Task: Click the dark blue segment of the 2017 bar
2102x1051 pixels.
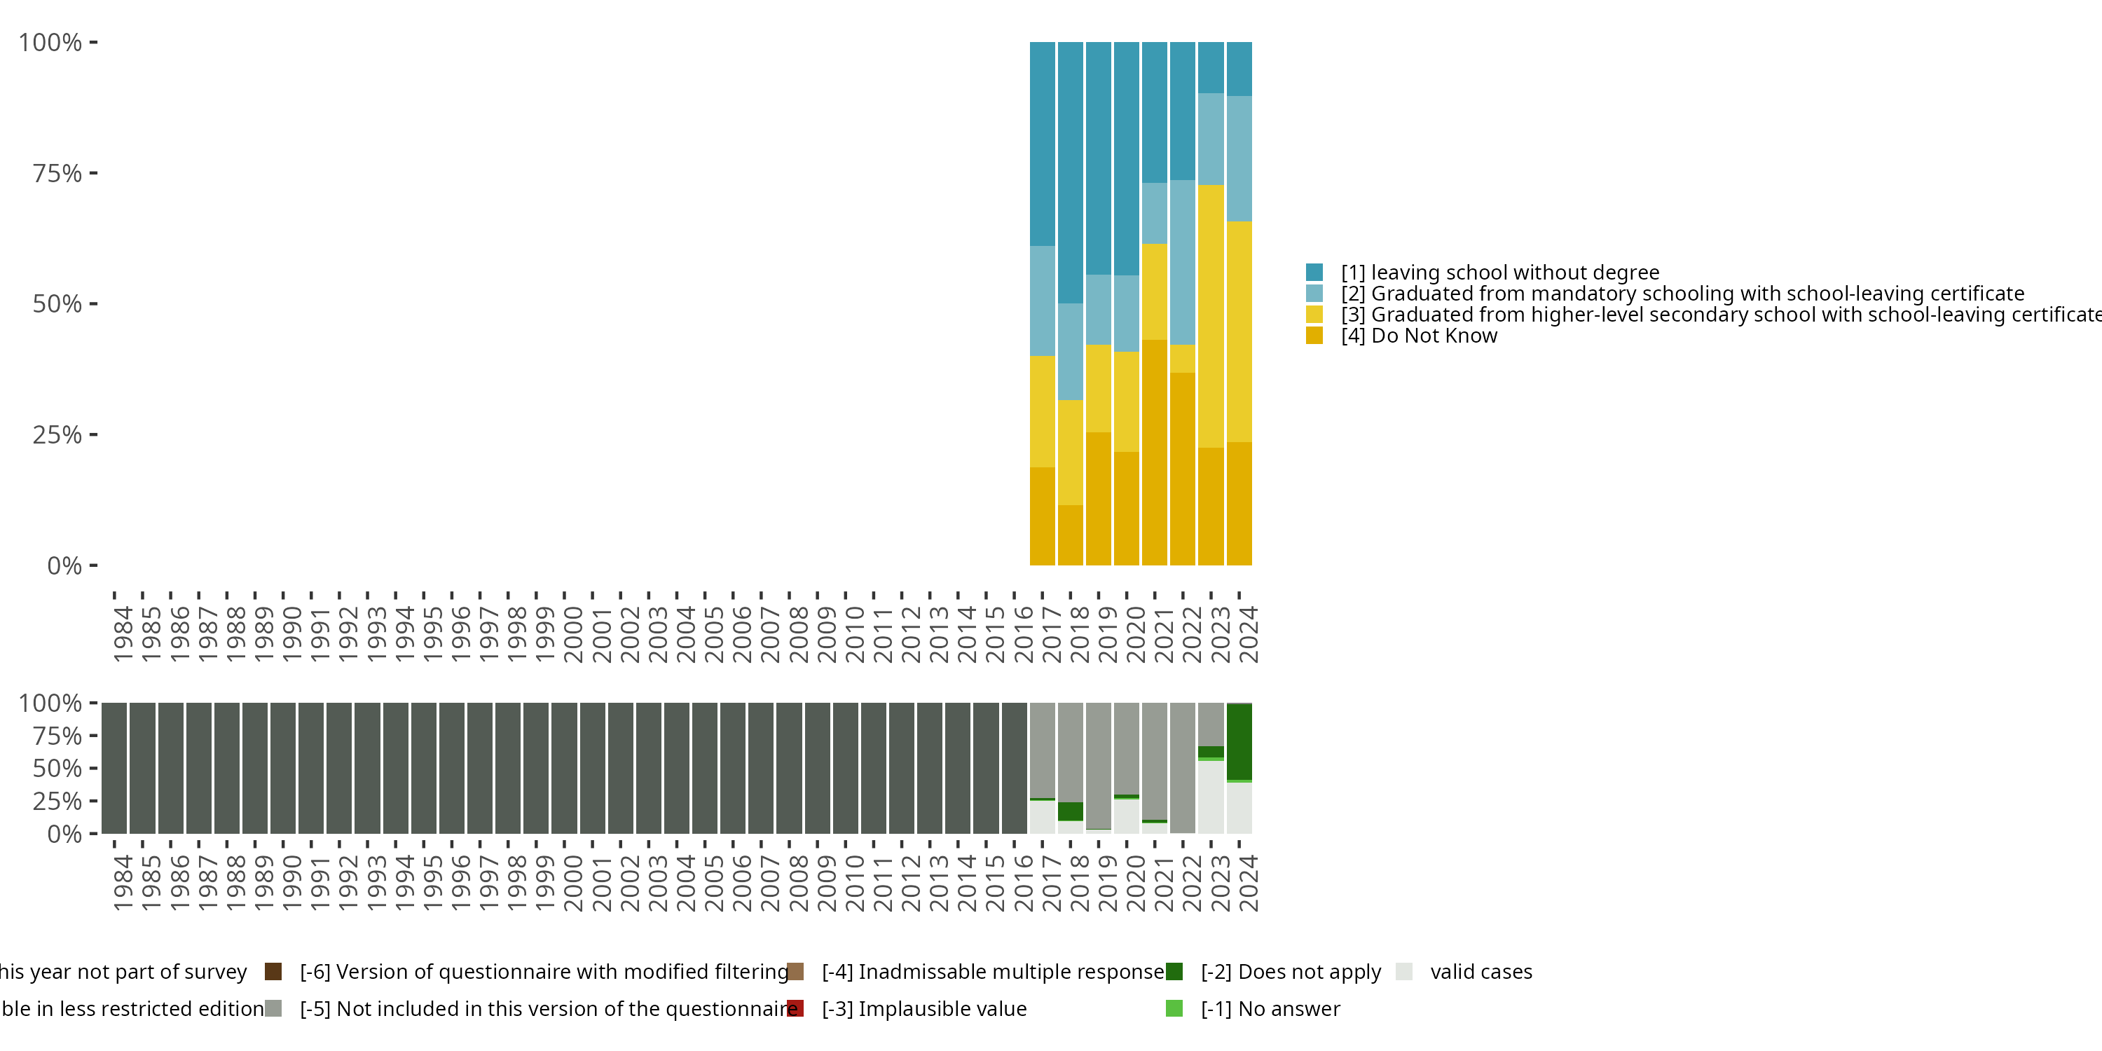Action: [x=1042, y=143]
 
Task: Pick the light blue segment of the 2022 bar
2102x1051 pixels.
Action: [x=1183, y=262]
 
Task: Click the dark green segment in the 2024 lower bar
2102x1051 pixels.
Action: [x=1239, y=741]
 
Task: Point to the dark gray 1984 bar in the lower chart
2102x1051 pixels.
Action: [x=114, y=767]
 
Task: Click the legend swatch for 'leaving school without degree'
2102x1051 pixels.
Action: [x=1314, y=273]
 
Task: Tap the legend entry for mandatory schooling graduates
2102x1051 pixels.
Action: [x=1682, y=294]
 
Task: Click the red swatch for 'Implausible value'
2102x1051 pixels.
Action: [x=795, y=1008]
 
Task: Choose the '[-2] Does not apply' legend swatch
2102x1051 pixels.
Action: [x=1174, y=972]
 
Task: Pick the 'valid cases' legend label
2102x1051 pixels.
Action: [x=1481, y=972]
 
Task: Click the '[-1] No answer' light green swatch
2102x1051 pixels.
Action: [x=1174, y=1008]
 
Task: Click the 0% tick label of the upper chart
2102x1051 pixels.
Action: [x=64, y=565]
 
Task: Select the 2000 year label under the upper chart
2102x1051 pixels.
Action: [x=573, y=634]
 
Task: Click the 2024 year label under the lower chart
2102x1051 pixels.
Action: [x=1248, y=883]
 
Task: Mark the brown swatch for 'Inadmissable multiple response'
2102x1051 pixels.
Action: [x=795, y=972]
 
